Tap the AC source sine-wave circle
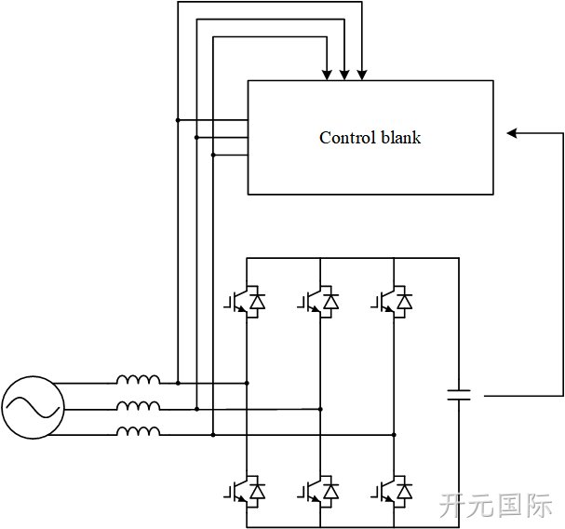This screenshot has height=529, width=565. tap(34, 408)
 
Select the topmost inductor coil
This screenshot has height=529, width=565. tap(138, 379)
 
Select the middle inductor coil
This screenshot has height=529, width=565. tap(138, 406)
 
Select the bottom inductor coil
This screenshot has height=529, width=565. tap(138, 431)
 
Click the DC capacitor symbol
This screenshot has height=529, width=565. tap(459, 395)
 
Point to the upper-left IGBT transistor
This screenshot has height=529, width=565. tap(245, 302)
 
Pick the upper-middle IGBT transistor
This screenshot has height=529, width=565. tap(318, 302)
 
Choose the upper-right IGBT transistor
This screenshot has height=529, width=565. tap(392, 302)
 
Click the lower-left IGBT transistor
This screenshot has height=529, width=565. tap(245, 492)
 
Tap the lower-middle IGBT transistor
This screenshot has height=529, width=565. tap(318, 492)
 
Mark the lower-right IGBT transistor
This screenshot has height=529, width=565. tap(392, 492)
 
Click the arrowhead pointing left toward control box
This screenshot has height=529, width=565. tap(512, 133)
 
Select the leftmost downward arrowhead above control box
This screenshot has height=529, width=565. tap(327, 75)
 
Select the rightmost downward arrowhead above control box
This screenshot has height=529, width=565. tap(362, 75)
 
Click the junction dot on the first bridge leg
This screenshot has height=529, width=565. tap(247, 383)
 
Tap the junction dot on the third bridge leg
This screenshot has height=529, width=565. tap(394, 435)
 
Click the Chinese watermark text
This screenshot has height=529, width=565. tap(496, 505)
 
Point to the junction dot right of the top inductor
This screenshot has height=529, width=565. tap(178, 383)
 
